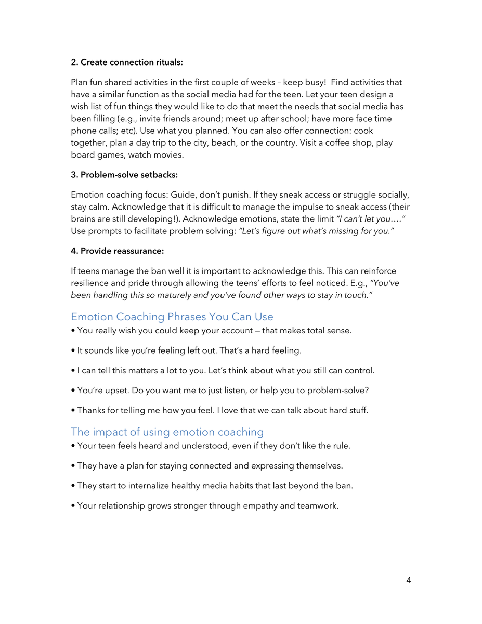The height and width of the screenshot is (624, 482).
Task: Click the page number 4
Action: pyautogui.click(x=408, y=580)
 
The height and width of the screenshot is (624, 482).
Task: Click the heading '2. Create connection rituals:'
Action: pyautogui.click(x=127, y=62)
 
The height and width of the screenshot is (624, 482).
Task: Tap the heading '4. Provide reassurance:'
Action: pyautogui.click(x=117, y=251)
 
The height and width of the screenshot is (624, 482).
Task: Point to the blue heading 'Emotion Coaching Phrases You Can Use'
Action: pyautogui.click(x=172, y=317)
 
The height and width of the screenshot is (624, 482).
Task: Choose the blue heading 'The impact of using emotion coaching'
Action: pyautogui.click(x=167, y=432)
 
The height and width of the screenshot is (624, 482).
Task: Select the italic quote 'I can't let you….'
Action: pyautogui.click(x=371, y=219)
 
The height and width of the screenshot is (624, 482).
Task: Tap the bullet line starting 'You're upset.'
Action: pyautogui.click(x=223, y=391)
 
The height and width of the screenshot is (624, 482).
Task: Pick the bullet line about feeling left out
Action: pyautogui.click(x=189, y=350)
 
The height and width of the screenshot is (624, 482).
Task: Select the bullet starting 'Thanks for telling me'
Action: pyautogui.click(x=222, y=410)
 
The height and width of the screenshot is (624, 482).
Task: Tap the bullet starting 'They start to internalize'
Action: pyautogui.click(x=215, y=486)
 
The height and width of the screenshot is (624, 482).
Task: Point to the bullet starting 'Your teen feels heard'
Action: pyautogui.click(x=213, y=446)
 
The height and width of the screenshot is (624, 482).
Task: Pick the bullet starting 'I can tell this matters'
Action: pyautogui.click(x=226, y=371)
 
